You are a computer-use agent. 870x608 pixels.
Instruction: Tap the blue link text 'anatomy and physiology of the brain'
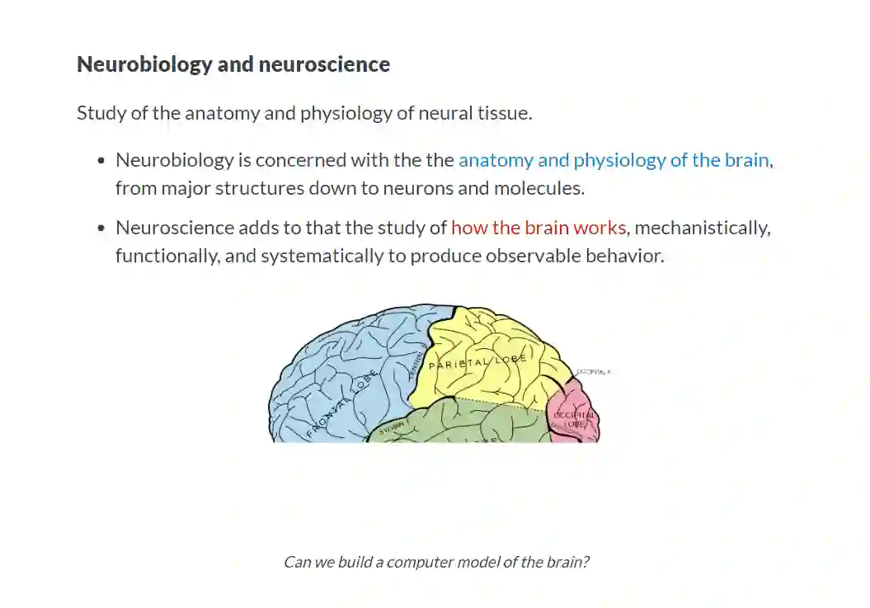(x=614, y=160)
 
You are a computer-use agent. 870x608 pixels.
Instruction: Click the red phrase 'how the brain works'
(x=539, y=228)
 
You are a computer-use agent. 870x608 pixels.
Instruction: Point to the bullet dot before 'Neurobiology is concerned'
(x=101, y=161)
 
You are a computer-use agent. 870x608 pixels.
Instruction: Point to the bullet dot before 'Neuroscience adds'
(x=101, y=229)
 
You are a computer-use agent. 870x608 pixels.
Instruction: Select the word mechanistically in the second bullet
(x=703, y=228)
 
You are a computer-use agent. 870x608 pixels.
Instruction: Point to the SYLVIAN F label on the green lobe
(x=393, y=427)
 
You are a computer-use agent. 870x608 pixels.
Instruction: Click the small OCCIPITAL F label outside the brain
(x=594, y=373)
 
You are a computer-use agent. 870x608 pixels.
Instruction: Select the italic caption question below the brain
(x=436, y=563)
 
